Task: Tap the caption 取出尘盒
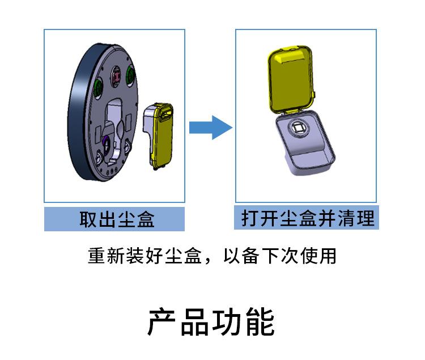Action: (116, 219)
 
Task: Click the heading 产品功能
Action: (211, 323)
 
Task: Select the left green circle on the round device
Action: (99, 87)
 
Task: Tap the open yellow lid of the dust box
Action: (290, 79)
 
